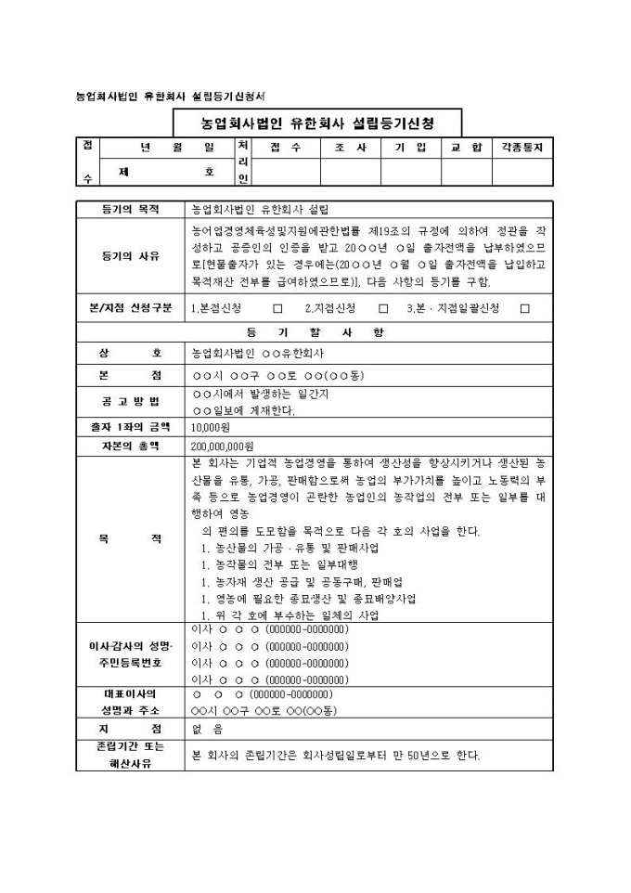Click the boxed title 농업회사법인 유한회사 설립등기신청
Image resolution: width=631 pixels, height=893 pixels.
tap(317, 123)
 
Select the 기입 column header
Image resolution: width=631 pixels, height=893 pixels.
tap(410, 148)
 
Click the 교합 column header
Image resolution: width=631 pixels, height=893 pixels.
tap(466, 148)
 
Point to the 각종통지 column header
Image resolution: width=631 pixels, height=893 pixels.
tap(522, 148)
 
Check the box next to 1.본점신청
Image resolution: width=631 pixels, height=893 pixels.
tap(277, 308)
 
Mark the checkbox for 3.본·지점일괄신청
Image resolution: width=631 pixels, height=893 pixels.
tap(525, 308)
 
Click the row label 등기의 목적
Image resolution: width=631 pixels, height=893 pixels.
tap(130, 209)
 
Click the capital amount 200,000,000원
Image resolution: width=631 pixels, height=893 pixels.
tap(223, 446)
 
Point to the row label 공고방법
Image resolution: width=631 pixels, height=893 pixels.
tap(130, 401)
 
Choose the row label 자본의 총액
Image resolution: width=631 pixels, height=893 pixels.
tap(130, 446)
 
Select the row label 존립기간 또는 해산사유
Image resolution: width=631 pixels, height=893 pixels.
tap(130, 756)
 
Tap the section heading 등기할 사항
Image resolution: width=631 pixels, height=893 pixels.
tap(317, 332)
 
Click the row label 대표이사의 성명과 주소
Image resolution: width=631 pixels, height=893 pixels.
tap(130, 702)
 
